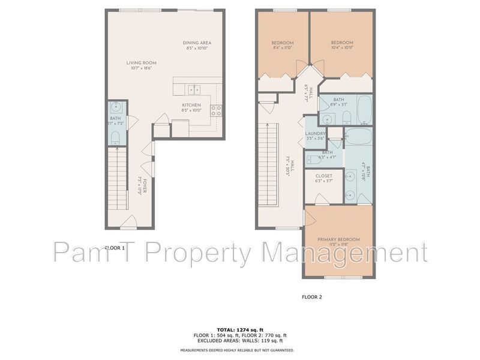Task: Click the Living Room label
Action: [141, 65]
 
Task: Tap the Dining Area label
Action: [197, 46]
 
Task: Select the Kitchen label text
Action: [192, 107]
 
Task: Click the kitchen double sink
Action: [194, 90]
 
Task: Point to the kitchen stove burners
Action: [217, 110]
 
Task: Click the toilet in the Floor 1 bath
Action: [116, 139]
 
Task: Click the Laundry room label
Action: [316, 136]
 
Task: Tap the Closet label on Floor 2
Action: [324, 178]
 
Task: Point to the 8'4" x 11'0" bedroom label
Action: [282, 46]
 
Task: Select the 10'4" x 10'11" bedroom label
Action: [342, 46]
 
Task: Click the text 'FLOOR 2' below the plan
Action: [312, 296]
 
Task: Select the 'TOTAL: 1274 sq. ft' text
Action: [240, 329]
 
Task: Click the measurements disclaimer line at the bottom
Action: [240, 350]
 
